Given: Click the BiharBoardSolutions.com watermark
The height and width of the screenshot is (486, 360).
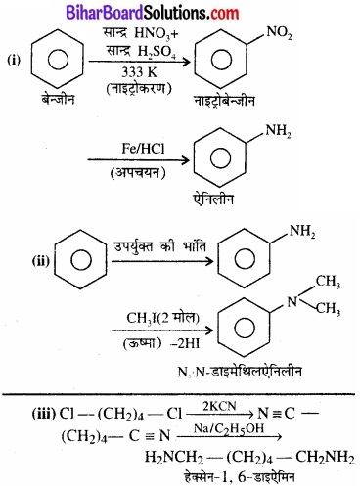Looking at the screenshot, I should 180,12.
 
